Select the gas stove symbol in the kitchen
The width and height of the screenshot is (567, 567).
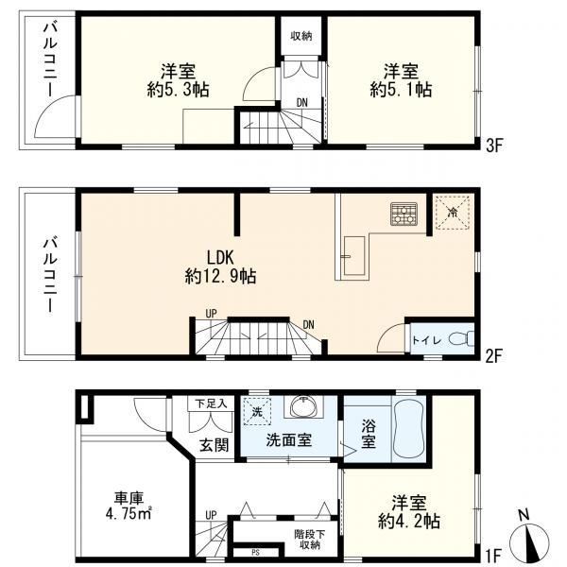coord(403,215)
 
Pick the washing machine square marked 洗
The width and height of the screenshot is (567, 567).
coord(256,412)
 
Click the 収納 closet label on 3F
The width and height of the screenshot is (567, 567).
coord(301,36)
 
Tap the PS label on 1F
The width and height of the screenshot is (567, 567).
coord(254,552)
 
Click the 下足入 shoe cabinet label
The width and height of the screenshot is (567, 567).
coord(212,404)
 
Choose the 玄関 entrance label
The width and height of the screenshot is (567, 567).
coord(214,444)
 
